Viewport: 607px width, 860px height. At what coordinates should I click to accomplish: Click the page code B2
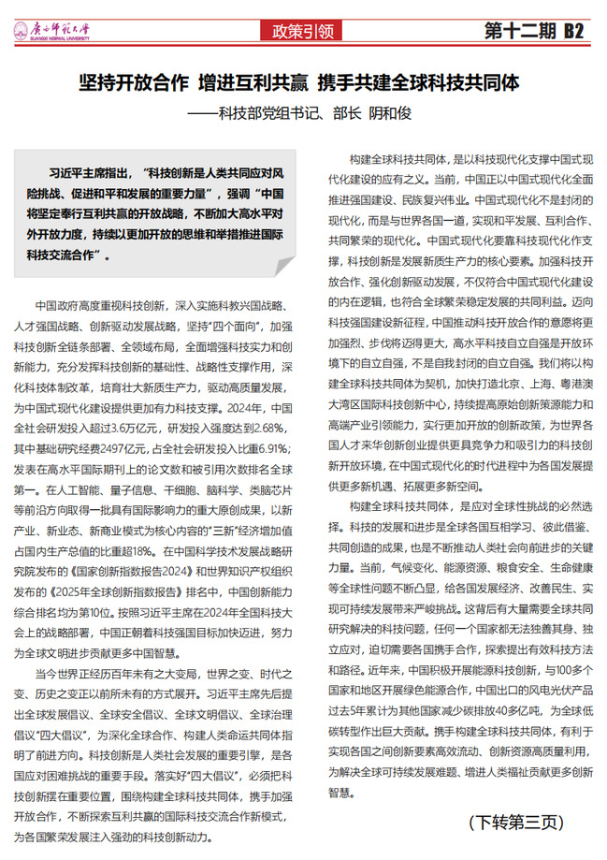(572, 30)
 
